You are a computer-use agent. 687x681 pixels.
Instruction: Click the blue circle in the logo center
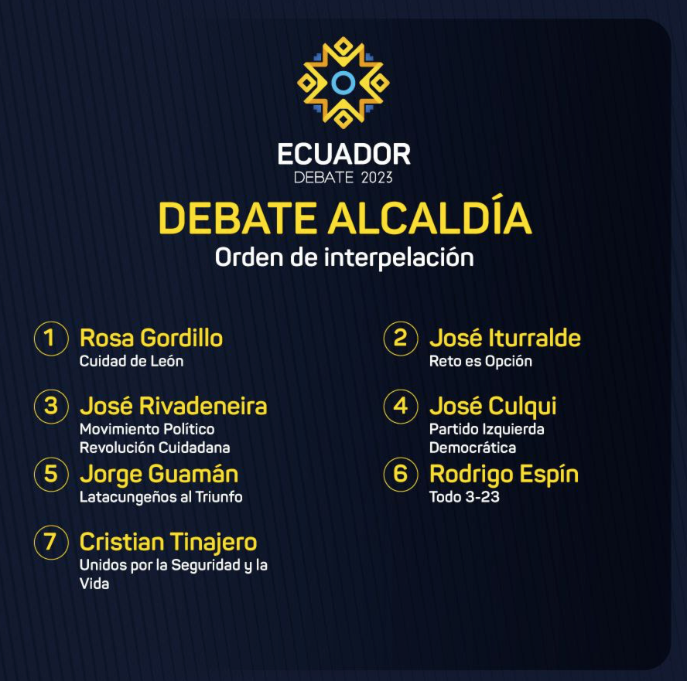[x=343, y=83]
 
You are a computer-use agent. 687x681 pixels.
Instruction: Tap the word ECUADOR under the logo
[x=344, y=154]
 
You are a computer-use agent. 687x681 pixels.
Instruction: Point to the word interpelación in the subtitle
[x=398, y=257]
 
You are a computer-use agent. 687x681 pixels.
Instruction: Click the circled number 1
[x=51, y=339]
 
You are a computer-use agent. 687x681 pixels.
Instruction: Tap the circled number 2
[x=401, y=339]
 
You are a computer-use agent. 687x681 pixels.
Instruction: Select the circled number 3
[x=51, y=406]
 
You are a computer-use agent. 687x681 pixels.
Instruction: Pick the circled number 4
[x=401, y=406]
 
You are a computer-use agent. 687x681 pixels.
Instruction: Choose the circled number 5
[x=51, y=475]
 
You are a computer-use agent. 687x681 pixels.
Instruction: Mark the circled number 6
[x=401, y=475]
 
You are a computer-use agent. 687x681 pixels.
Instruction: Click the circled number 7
[x=51, y=543]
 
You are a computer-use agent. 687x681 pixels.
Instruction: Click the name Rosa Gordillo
[x=151, y=339]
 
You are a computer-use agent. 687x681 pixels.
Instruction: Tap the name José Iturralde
[x=505, y=338]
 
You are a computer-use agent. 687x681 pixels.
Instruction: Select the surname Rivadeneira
[x=203, y=406]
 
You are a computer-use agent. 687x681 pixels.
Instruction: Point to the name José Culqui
[x=493, y=407]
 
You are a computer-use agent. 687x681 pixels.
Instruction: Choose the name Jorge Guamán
[x=159, y=475]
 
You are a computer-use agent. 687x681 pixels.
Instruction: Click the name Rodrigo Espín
[x=504, y=475]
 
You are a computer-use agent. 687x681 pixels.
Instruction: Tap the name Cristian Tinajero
[x=168, y=543]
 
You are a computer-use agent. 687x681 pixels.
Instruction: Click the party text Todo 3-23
[x=464, y=497]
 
